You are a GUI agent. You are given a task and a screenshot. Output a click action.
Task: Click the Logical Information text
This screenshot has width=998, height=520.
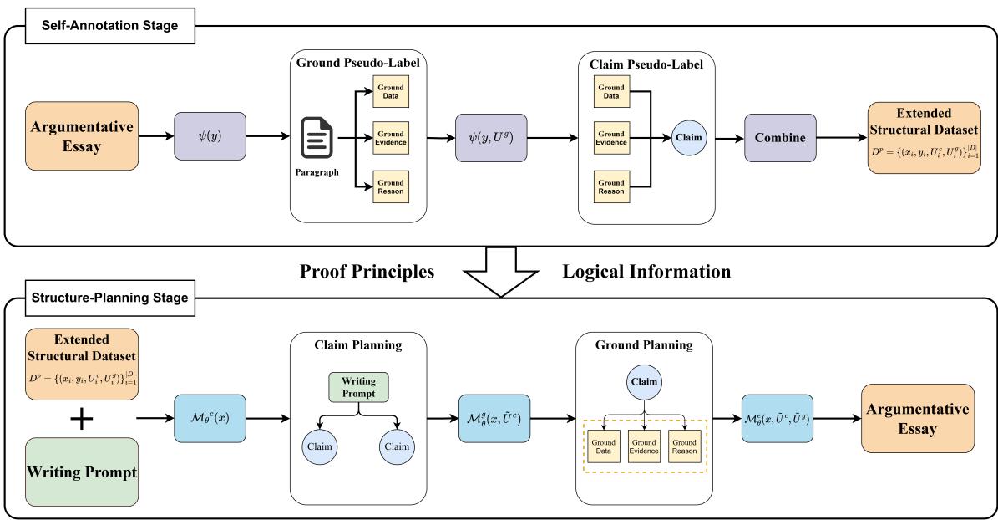coord(646,272)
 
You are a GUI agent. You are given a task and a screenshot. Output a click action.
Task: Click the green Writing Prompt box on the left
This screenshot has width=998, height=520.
coord(83,470)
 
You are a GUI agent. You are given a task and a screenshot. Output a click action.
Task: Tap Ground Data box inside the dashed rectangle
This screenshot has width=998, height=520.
coord(603,446)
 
